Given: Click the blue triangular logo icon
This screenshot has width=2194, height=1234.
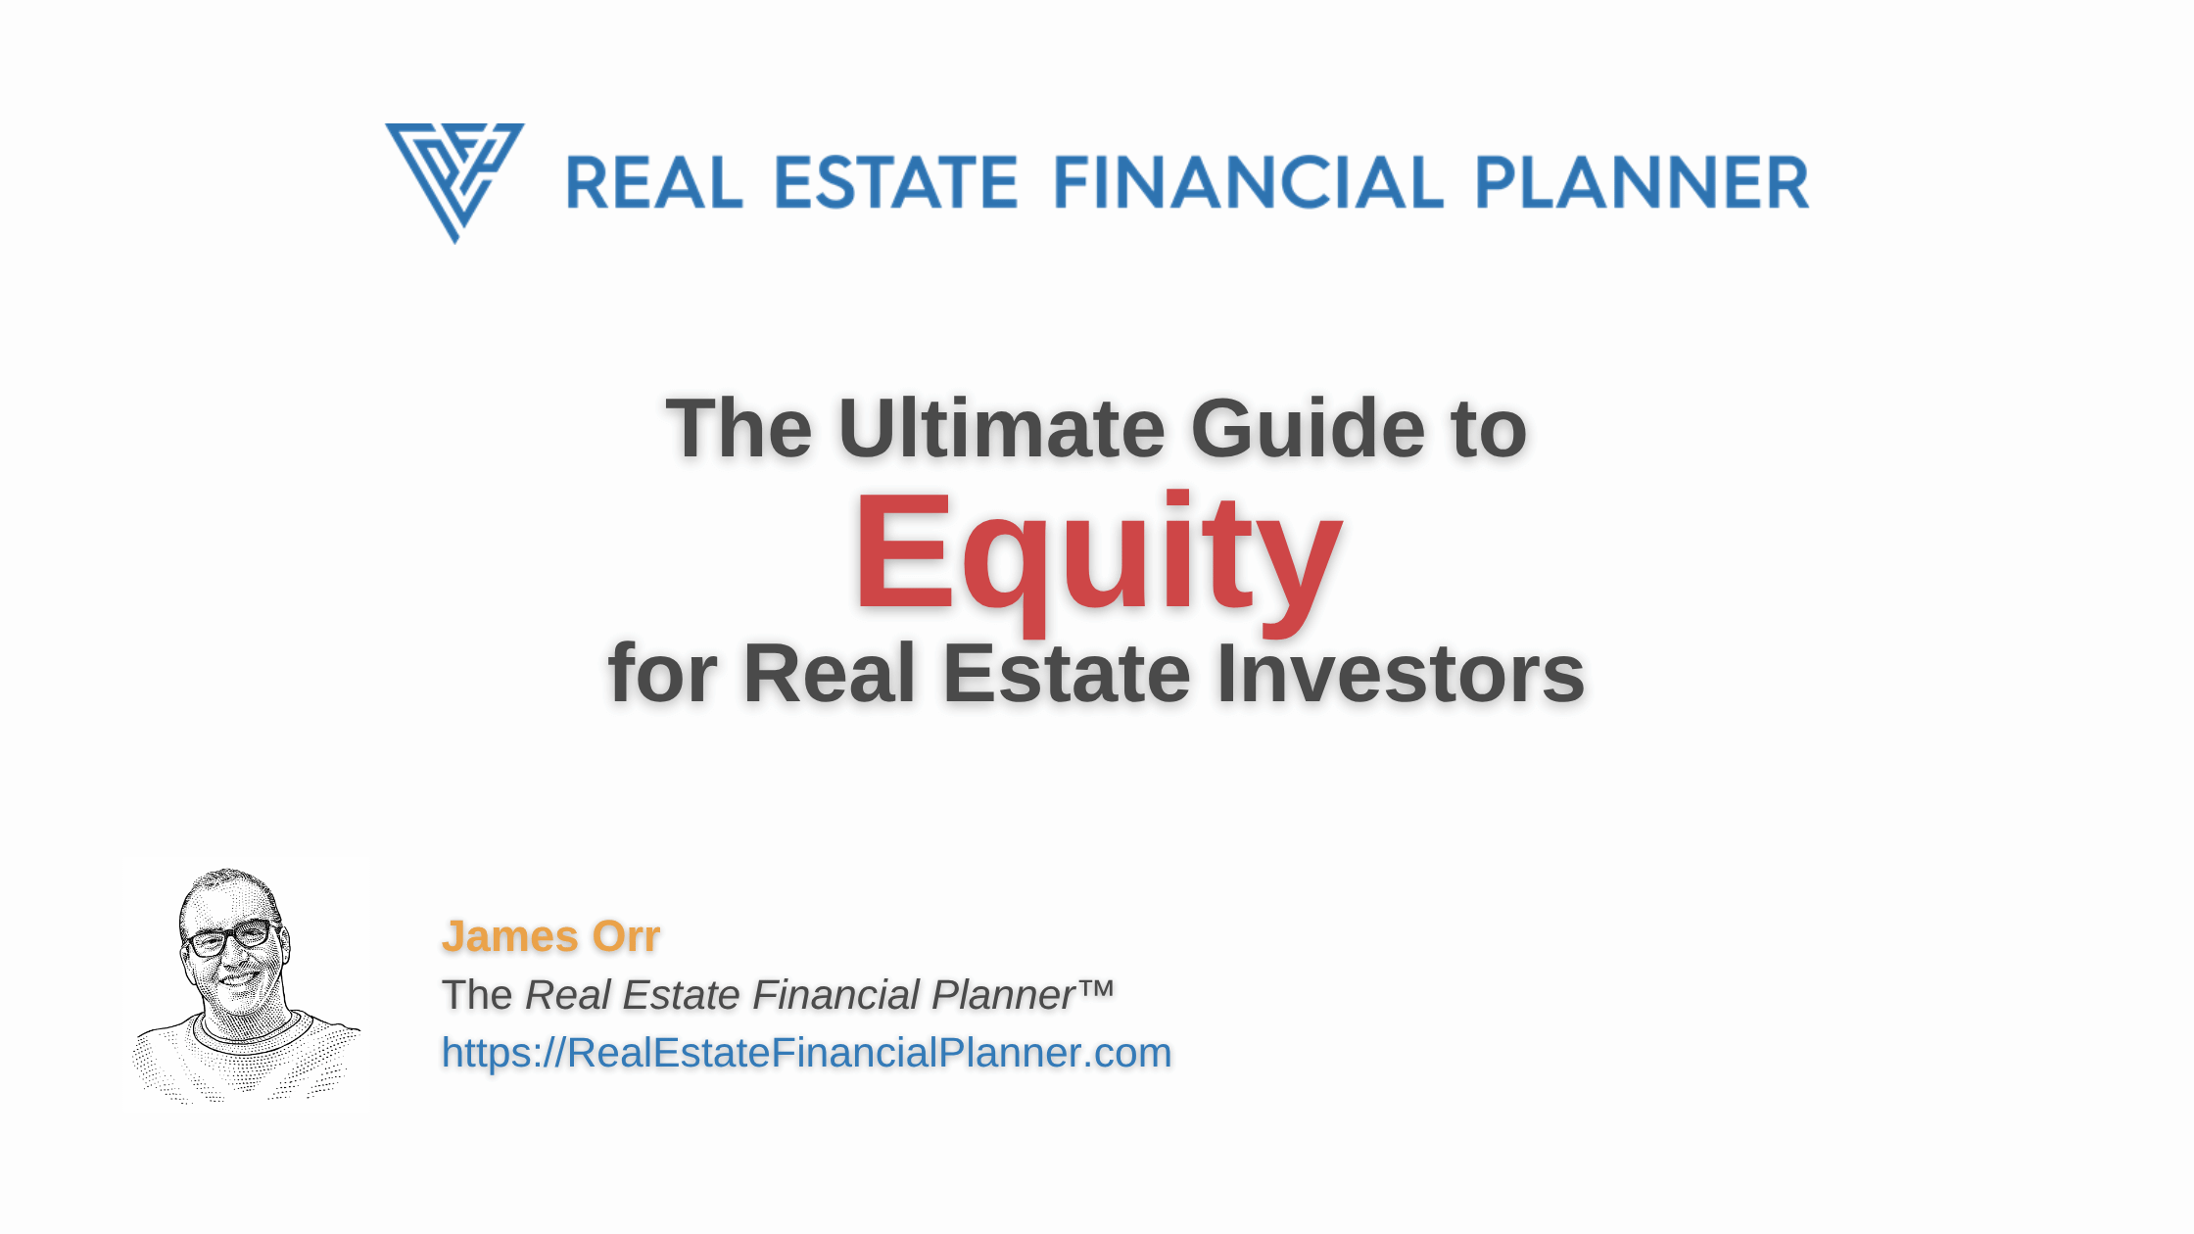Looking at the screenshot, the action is click(454, 182).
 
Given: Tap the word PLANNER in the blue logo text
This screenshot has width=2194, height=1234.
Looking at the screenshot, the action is click(1642, 182).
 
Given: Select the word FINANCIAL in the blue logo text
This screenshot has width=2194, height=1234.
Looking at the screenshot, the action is click(1248, 182).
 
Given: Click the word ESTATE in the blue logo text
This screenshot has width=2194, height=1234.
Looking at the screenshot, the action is click(896, 182).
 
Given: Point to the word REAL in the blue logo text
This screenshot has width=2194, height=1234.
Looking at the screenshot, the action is click(653, 182).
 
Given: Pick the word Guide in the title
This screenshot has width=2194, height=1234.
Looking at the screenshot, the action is click(1309, 428).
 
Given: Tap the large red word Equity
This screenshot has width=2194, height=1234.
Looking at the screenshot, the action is click(1098, 556).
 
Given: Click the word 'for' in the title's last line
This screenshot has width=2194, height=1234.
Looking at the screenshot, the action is click(663, 674).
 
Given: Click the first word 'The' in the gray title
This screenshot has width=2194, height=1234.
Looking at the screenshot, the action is click(739, 428).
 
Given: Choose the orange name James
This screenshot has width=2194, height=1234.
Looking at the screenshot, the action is click(510, 936).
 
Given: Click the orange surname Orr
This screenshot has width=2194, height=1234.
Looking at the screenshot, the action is click(627, 936).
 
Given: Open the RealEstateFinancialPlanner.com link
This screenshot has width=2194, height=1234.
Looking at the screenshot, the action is click(806, 1053).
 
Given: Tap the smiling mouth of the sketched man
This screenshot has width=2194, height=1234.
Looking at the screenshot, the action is click(240, 976).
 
